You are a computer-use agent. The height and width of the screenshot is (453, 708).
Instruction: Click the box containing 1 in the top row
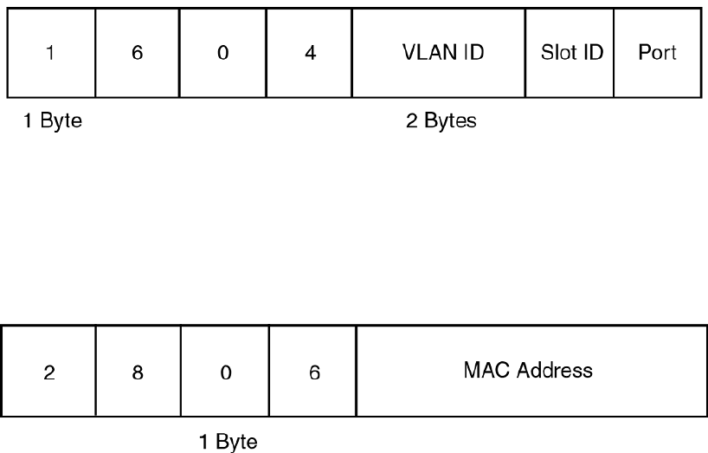coord(50,52)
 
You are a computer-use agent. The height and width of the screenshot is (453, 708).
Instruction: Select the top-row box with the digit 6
coord(137,52)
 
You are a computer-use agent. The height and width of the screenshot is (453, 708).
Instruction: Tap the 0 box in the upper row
coord(223,52)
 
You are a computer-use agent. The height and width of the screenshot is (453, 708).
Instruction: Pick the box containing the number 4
coord(310,52)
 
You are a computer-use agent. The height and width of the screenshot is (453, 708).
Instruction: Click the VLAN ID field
coord(440,52)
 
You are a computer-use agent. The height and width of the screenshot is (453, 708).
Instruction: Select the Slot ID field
coord(570,52)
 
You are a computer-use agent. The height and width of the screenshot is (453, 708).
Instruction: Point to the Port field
coord(656,52)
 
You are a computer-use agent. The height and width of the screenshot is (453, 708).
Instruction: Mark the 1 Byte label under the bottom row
coord(228,443)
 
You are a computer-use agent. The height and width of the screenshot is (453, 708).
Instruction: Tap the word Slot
coord(557,52)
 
